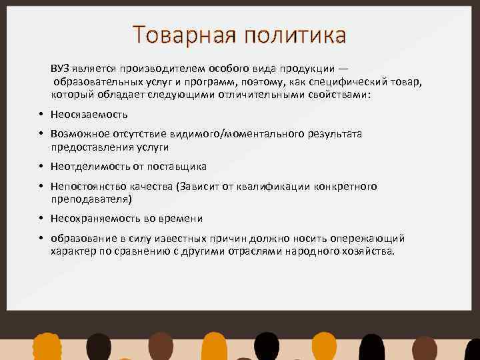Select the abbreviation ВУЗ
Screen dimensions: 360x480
point(61,69)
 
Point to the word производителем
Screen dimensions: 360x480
point(159,69)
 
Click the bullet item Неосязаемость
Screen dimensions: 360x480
point(89,115)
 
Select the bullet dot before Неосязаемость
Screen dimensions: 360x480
point(41,115)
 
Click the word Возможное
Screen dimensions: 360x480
point(81,134)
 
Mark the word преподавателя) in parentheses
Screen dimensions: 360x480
point(91,199)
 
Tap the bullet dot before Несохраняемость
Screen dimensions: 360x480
point(41,219)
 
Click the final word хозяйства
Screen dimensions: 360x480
point(370,251)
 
